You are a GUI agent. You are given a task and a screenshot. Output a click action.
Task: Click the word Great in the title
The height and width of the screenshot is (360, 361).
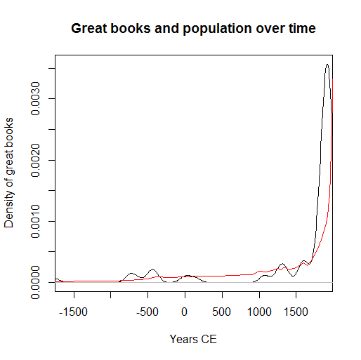coord(87,29)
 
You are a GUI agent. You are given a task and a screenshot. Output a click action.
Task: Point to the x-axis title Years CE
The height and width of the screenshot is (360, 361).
coord(193,339)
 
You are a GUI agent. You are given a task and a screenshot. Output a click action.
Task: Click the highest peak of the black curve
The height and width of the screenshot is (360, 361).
coord(327,65)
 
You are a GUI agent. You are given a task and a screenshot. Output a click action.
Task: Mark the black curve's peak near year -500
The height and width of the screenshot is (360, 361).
coord(152,269)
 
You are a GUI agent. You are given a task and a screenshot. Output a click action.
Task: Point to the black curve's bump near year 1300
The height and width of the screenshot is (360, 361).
coord(282,264)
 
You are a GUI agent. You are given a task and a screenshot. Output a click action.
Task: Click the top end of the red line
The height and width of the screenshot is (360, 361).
coord(332,112)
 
